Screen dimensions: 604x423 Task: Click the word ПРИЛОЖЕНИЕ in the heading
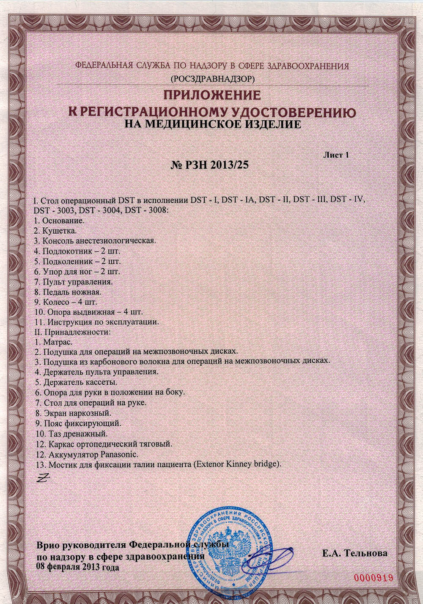pos(212,94)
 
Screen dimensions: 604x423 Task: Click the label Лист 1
pos(336,155)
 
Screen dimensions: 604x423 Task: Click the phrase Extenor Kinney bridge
pos(236,464)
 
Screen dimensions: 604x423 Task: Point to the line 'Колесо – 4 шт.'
pos(65,302)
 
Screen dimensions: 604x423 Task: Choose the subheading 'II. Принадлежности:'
pos(71,331)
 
